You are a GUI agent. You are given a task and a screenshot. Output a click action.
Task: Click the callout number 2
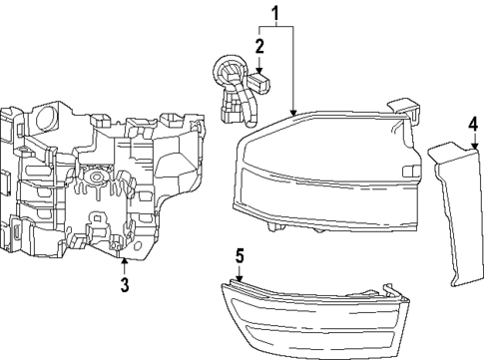click(259, 46)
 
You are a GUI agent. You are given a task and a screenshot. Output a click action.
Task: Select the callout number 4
click(473, 125)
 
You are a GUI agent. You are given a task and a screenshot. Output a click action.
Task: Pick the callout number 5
click(239, 254)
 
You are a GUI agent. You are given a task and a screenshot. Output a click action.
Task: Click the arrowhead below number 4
click(473, 147)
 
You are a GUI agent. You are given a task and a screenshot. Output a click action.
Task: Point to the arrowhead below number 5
click(239, 275)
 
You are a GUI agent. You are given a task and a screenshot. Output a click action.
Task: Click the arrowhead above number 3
click(124, 261)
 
